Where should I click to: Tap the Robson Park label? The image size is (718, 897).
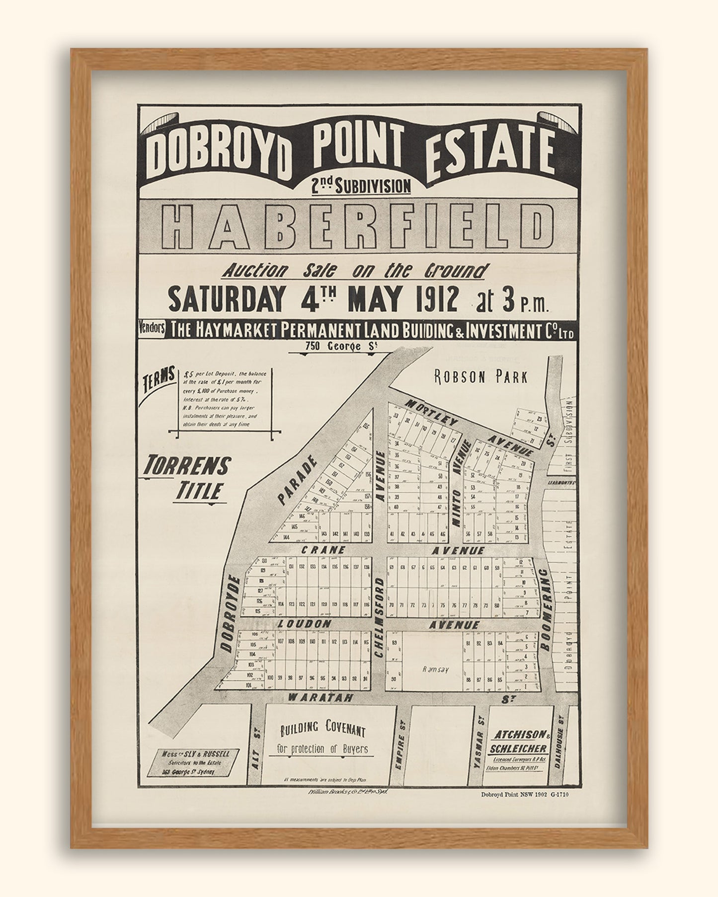pos(480,377)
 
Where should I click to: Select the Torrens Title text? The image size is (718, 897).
pos(186,477)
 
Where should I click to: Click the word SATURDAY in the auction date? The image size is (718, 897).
pos(226,299)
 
